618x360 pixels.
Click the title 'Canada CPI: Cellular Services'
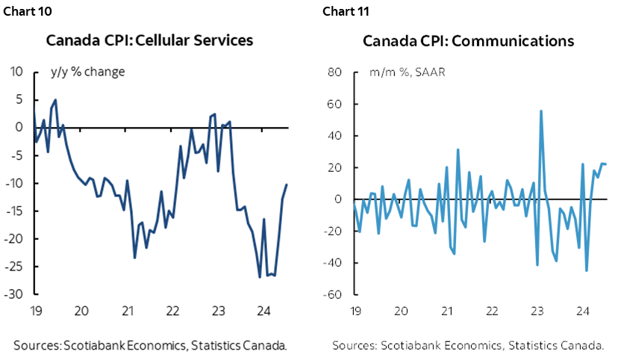tap(149, 40)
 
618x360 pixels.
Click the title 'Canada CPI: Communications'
tap(468, 40)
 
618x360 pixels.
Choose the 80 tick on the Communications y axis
tap(334, 72)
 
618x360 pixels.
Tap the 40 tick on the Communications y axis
tap(334, 136)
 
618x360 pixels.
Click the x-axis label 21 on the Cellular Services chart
tap(128, 311)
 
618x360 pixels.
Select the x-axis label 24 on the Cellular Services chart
tap(263, 311)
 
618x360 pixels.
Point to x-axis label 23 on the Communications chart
tap(536, 311)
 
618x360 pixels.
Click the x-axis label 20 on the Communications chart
tap(401, 311)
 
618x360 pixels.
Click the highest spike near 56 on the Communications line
tap(540, 111)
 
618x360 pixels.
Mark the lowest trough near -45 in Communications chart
tap(587, 270)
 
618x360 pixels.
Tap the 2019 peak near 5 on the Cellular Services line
tap(56, 99)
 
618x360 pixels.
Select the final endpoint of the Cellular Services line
tap(287, 184)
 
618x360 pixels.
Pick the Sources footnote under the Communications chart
tap(468, 345)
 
